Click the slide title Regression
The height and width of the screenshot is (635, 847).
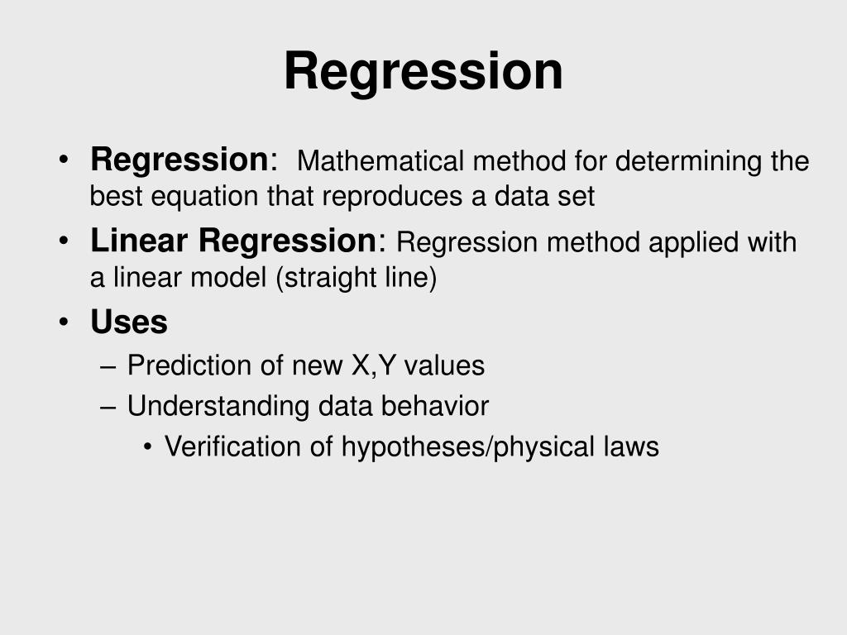[x=423, y=72]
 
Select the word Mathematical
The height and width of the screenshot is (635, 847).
[x=380, y=161]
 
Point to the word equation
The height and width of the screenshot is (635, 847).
[x=204, y=197]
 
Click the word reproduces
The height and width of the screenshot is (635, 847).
[x=392, y=197]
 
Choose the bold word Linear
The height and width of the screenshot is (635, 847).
[x=139, y=241]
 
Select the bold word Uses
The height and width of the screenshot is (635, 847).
[x=128, y=322]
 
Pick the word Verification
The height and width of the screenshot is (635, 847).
[x=232, y=446]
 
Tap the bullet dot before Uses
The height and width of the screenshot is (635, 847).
[x=64, y=322]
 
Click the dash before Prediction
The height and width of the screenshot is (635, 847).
[x=108, y=367]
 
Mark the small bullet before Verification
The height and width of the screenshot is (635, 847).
[x=147, y=447]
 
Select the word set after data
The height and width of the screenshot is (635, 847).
[x=577, y=197]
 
